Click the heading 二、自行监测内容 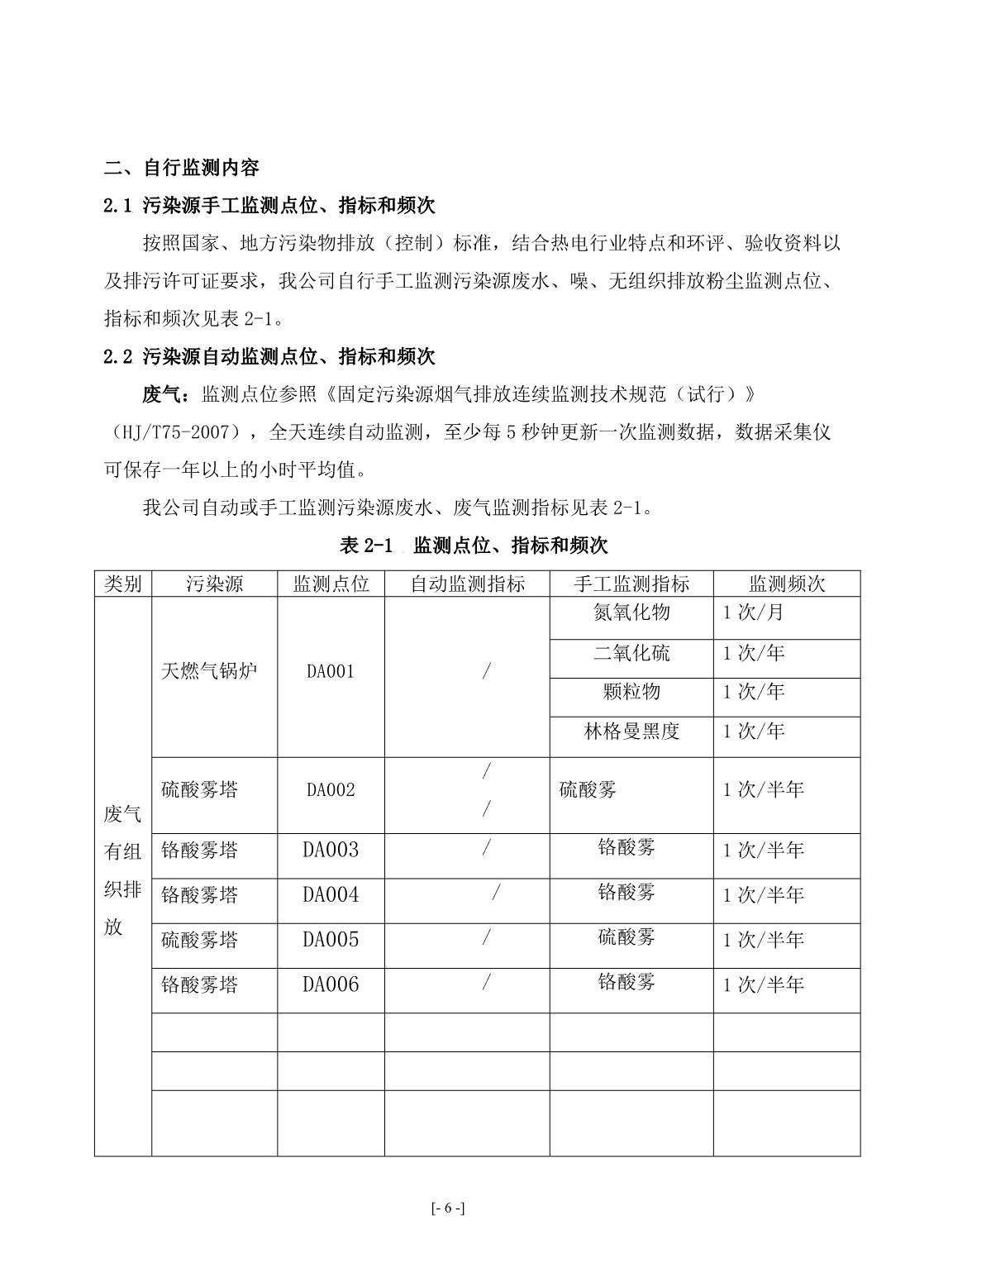pyautogui.click(x=182, y=168)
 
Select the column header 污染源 pyautogui.click(x=214, y=584)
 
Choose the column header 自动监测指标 pyautogui.click(x=467, y=584)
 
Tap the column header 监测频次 pyautogui.click(x=786, y=584)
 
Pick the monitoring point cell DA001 pyautogui.click(x=331, y=671)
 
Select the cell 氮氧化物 pyautogui.click(x=631, y=612)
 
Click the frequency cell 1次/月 pyautogui.click(x=753, y=612)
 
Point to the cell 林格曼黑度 pyautogui.click(x=631, y=732)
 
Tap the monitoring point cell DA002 pyautogui.click(x=331, y=789)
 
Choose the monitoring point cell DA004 pyautogui.click(x=331, y=895)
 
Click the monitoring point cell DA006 pyautogui.click(x=331, y=984)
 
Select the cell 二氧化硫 pyautogui.click(x=631, y=654)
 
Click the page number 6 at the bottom pyautogui.click(x=448, y=1208)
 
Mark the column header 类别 pyautogui.click(x=123, y=584)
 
